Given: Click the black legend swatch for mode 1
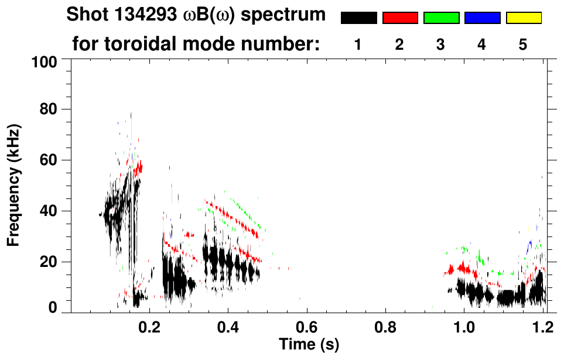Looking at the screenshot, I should (358, 18).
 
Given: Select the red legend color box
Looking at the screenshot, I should (400, 18).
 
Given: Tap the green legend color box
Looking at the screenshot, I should (441, 18).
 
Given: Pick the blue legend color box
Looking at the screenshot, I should (483, 18).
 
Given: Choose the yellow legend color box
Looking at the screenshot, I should (524, 18).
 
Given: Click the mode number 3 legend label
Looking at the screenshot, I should (440, 44).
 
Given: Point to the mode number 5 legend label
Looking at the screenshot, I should (523, 44).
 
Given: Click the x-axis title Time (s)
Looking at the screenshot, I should (309, 343).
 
